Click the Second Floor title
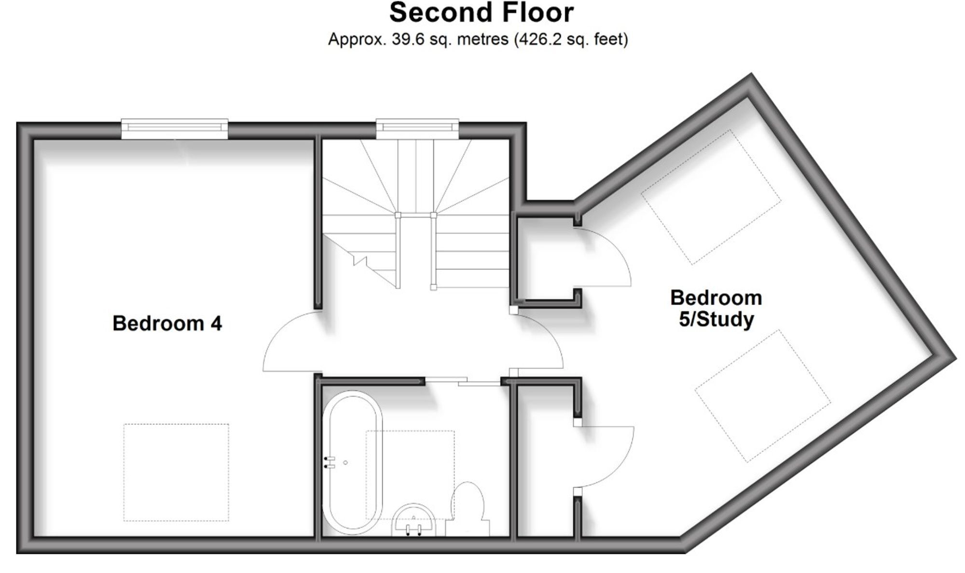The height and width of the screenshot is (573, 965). [x=482, y=13]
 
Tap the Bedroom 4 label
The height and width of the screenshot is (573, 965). [x=167, y=323]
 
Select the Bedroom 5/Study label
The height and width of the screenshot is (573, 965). [x=716, y=308]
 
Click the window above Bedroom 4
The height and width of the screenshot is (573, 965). [x=174, y=128]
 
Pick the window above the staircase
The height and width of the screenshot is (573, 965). [x=417, y=128]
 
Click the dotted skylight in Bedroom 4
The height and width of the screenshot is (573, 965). [x=176, y=473]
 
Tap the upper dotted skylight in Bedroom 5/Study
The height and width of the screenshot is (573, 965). [x=711, y=197]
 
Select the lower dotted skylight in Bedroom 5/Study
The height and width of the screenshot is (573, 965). [x=763, y=396]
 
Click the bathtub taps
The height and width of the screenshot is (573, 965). [x=330, y=462]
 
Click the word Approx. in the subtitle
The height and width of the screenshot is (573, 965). [x=358, y=40]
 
